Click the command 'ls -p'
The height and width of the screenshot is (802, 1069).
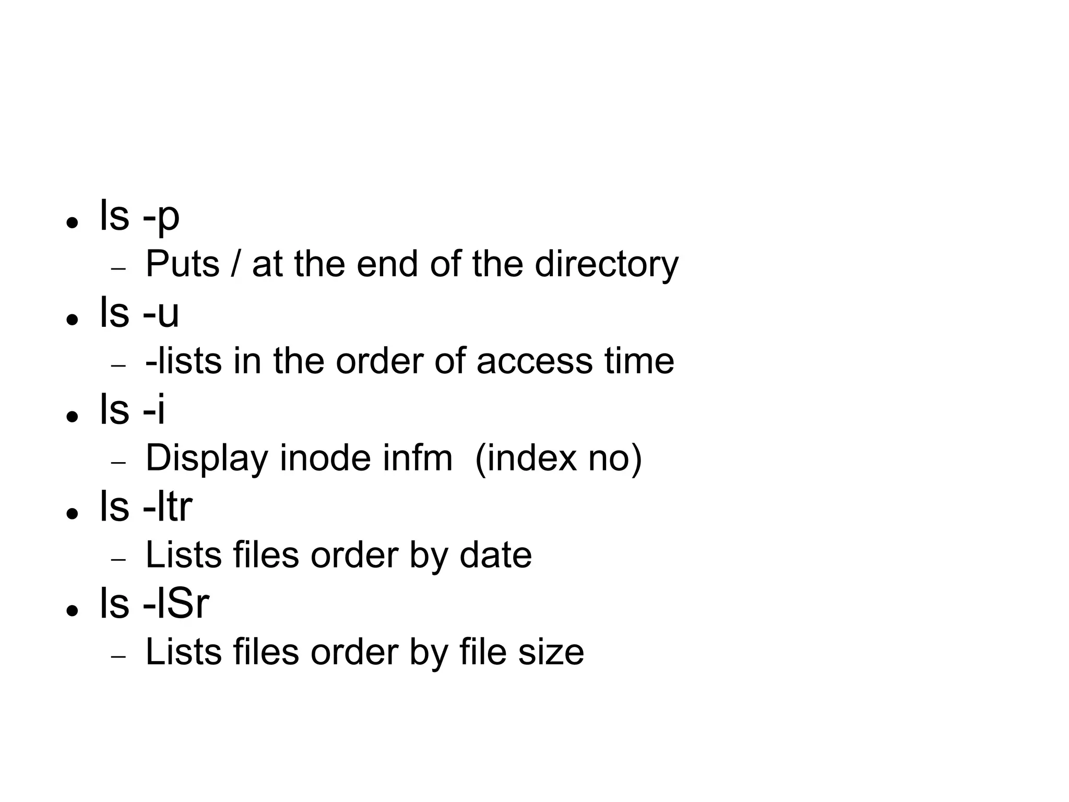(139, 216)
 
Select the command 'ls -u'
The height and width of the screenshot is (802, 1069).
(139, 313)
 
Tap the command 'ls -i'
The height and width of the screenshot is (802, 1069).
(132, 410)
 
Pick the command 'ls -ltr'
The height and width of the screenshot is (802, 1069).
(146, 507)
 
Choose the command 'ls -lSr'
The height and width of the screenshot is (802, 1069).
(154, 604)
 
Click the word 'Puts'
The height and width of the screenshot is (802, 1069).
(182, 264)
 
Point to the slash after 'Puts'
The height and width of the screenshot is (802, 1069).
(236, 264)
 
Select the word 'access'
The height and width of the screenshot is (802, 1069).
(534, 361)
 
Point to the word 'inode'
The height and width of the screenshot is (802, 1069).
(325, 458)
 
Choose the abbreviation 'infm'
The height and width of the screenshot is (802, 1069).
(417, 458)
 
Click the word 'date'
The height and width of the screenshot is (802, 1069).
(495, 555)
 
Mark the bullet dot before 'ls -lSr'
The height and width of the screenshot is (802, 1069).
(72, 610)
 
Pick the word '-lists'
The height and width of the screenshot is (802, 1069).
(183, 361)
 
